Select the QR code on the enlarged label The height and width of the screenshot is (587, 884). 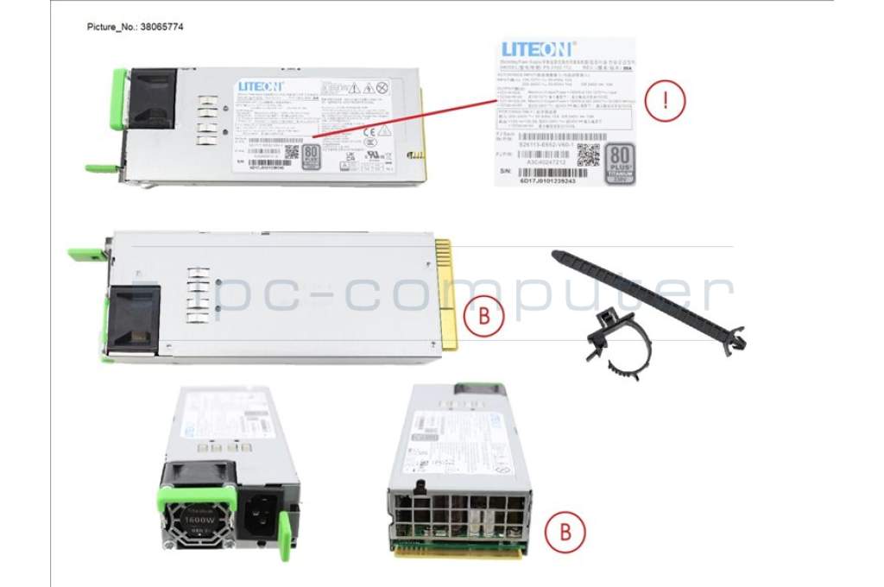[x=589, y=156]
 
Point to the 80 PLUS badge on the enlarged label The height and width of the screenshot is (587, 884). [x=621, y=163]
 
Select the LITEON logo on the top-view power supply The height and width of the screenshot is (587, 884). [x=260, y=86]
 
